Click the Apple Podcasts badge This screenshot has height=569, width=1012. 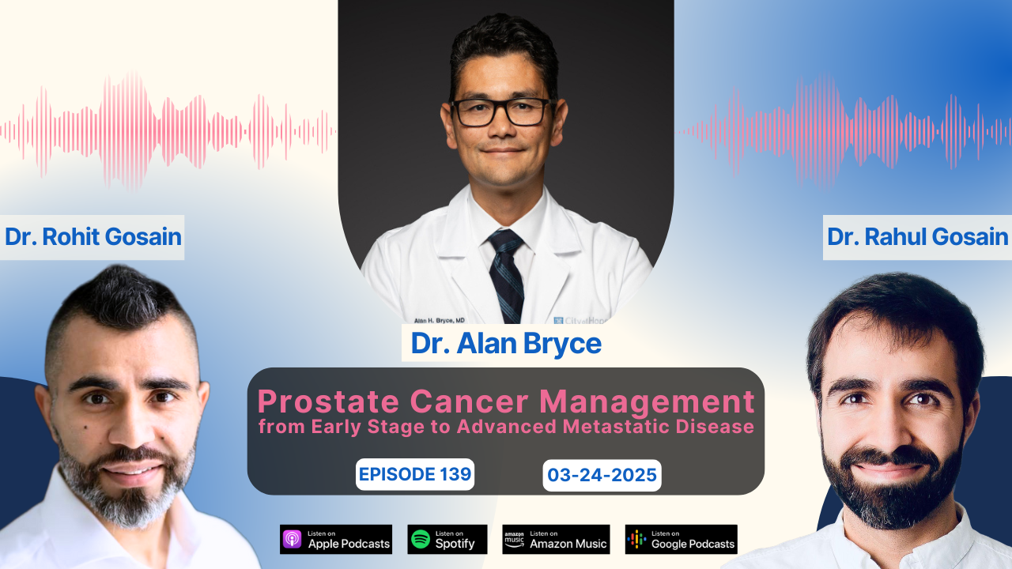[x=336, y=539]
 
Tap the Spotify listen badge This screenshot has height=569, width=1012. [x=447, y=539]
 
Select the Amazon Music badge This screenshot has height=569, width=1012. [x=556, y=539]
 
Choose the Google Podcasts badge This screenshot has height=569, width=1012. [x=681, y=539]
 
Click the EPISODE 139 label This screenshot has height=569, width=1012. [x=415, y=474]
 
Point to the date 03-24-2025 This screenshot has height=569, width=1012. [x=602, y=475]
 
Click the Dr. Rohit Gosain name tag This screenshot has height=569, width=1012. [x=93, y=236]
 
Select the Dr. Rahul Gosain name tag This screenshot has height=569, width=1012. [x=917, y=236]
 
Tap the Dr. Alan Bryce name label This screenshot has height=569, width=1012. [x=505, y=343]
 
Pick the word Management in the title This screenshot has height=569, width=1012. [x=651, y=402]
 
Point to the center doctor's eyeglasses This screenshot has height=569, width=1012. [x=500, y=111]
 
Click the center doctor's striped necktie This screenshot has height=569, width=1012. [x=506, y=273]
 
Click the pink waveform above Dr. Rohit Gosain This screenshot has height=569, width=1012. [x=166, y=130]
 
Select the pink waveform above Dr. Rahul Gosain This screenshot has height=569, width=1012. [x=842, y=130]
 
